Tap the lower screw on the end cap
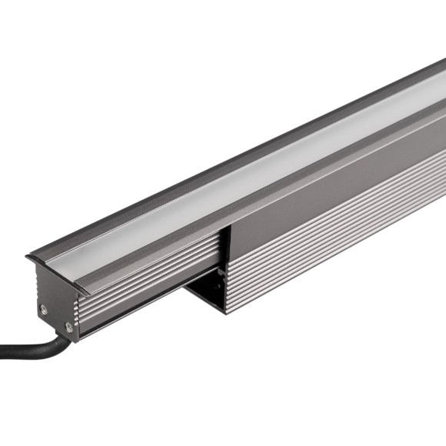coord(68,327)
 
